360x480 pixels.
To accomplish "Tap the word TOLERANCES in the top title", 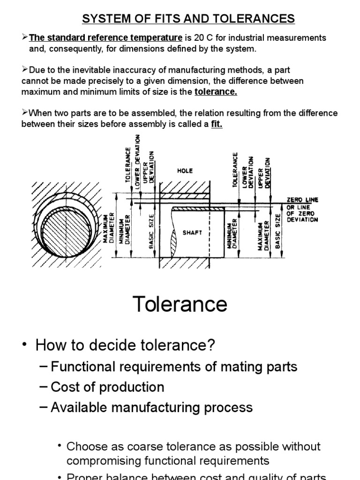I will tap(254, 19).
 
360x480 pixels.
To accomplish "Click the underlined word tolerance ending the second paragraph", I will tap(216, 92).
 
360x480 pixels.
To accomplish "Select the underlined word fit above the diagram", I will tap(217, 124).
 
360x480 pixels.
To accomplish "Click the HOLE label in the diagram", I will tap(185, 171).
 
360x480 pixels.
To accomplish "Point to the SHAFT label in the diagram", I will tap(193, 232).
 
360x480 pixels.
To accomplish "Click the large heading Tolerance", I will tap(180, 304).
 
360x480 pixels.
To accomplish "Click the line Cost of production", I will tap(107, 387).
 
